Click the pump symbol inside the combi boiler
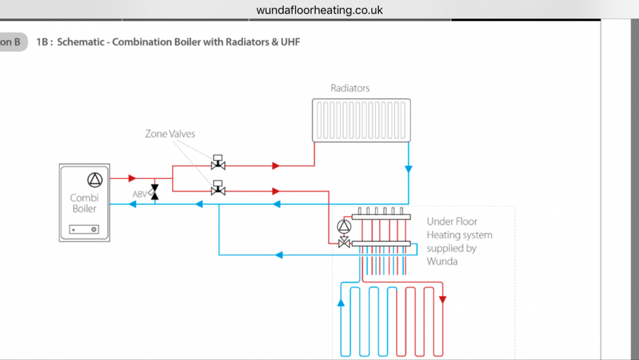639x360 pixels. tap(95, 180)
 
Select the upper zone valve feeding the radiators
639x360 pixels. tap(218, 162)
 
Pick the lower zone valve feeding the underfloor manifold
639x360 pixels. tap(218, 188)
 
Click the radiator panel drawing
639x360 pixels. tap(362, 120)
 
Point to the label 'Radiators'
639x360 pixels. tap(350, 88)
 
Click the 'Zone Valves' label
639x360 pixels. tap(170, 134)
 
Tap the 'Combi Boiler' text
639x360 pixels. tap(84, 203)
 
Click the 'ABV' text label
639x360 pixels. tap(139, 194)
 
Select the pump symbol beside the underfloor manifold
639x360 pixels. tap(344, 227)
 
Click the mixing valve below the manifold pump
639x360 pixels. tap(344, 243)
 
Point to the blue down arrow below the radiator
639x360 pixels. tap(408, 169)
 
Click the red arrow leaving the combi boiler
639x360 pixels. tap(132, 178)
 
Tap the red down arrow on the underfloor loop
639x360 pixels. tap(443, 300)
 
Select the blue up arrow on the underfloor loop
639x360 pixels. tap(341, 302)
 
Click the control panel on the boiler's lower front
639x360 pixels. tap(84, 230)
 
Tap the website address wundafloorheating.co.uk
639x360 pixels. tap(319, 10)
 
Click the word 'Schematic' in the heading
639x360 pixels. tap(81, 42)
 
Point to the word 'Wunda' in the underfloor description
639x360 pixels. tap(442, 262)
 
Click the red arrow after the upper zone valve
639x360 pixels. tap(276, 166)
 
